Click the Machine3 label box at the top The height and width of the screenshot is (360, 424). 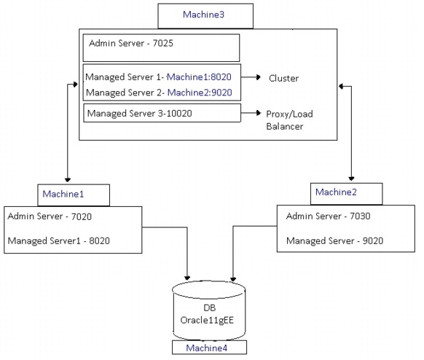(206, 15)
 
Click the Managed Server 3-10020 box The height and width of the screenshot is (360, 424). (162, 114)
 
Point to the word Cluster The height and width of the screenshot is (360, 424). (283, 78)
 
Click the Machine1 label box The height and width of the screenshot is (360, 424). (73, 195)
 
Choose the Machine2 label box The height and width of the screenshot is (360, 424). (347, 192)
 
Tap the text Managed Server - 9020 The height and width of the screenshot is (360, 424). (335, 240)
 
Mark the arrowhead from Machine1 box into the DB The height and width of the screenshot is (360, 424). (188, 278)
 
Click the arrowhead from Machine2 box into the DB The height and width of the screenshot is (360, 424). (233, 278)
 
